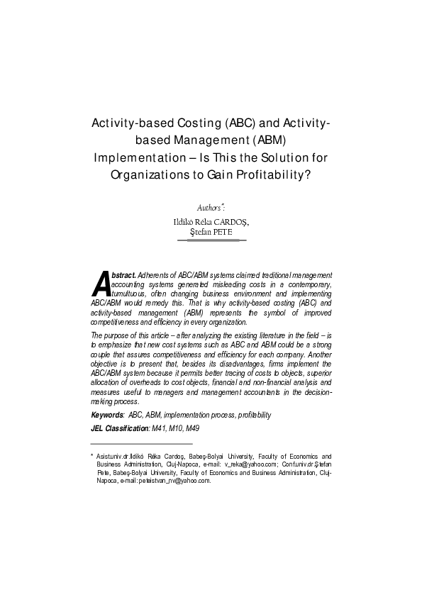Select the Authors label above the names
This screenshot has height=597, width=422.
point(209,208)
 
